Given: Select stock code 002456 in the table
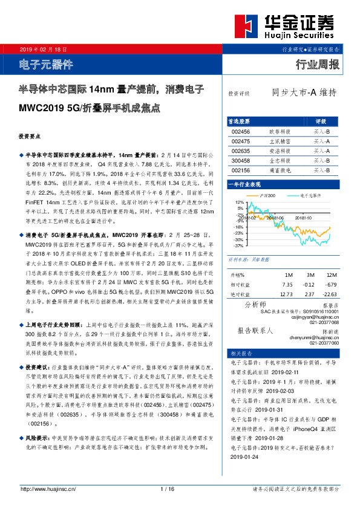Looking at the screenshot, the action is tap(241, 131).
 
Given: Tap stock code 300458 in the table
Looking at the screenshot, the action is tap(241, 161).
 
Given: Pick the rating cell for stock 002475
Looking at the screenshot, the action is tap(321, 141).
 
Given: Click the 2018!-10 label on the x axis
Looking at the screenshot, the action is tap(303, 217).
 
